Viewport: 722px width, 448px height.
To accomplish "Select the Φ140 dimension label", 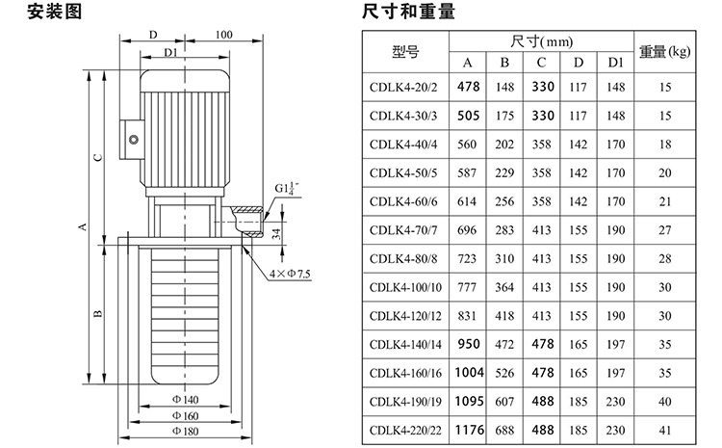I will click(x=185, y=400).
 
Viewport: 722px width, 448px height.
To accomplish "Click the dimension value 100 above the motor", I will click(x=224, y=35).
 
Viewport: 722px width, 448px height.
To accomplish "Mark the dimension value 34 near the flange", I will click(x=275, y=231).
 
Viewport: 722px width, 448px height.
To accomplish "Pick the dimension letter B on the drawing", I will click(x=98, y=315).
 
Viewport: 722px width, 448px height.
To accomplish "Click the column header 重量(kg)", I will click(x=664, y=52).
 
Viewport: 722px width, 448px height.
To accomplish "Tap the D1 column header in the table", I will click(x=614, y=64).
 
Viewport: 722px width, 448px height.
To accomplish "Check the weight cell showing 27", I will click(x=664, y=229).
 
